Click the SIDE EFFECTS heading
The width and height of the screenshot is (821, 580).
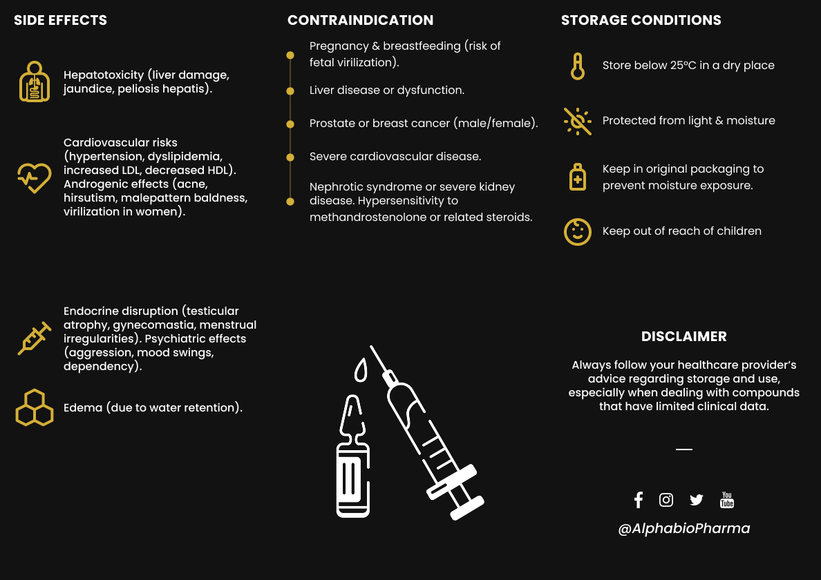pos(61,20)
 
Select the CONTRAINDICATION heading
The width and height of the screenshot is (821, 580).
pos(360,20)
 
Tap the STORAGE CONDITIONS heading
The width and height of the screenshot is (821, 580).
pos(641,20)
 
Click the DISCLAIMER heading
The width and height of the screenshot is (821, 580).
pos(683,336)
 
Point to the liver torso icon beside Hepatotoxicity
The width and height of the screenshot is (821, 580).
pos(34,81)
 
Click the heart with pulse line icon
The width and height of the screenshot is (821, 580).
pos(34,177)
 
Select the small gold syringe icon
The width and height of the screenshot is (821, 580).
pos(34,338)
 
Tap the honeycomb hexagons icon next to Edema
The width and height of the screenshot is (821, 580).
pos(34,407)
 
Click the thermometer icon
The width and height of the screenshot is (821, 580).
pos(577,66)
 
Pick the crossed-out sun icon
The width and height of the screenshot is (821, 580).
pos(577,121)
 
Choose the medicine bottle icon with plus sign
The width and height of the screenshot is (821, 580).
pos(577,177)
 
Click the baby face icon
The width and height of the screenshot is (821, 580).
pos(577,231)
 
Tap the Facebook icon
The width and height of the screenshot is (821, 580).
pos(638,500)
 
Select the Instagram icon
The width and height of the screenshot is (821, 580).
pos(666,500)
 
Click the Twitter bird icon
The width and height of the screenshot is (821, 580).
pos(696,500)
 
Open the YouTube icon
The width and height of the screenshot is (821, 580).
pos(727,500)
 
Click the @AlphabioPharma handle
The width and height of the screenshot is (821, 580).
pos(683,528)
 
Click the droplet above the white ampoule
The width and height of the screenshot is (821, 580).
pos(360,371)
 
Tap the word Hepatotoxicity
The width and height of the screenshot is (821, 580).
pos(104,75)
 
